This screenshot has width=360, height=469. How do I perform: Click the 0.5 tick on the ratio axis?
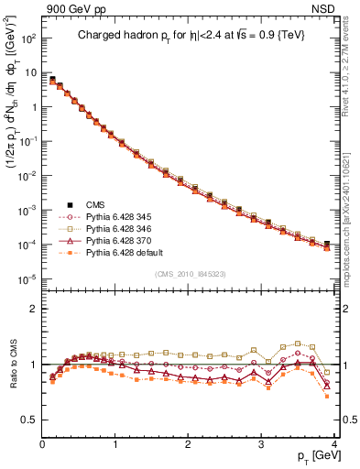click(x=29, y=420)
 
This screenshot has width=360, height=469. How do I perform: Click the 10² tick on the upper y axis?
click(x=27, y=38)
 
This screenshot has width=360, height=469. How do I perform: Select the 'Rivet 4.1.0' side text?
click(x=351, y=82)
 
